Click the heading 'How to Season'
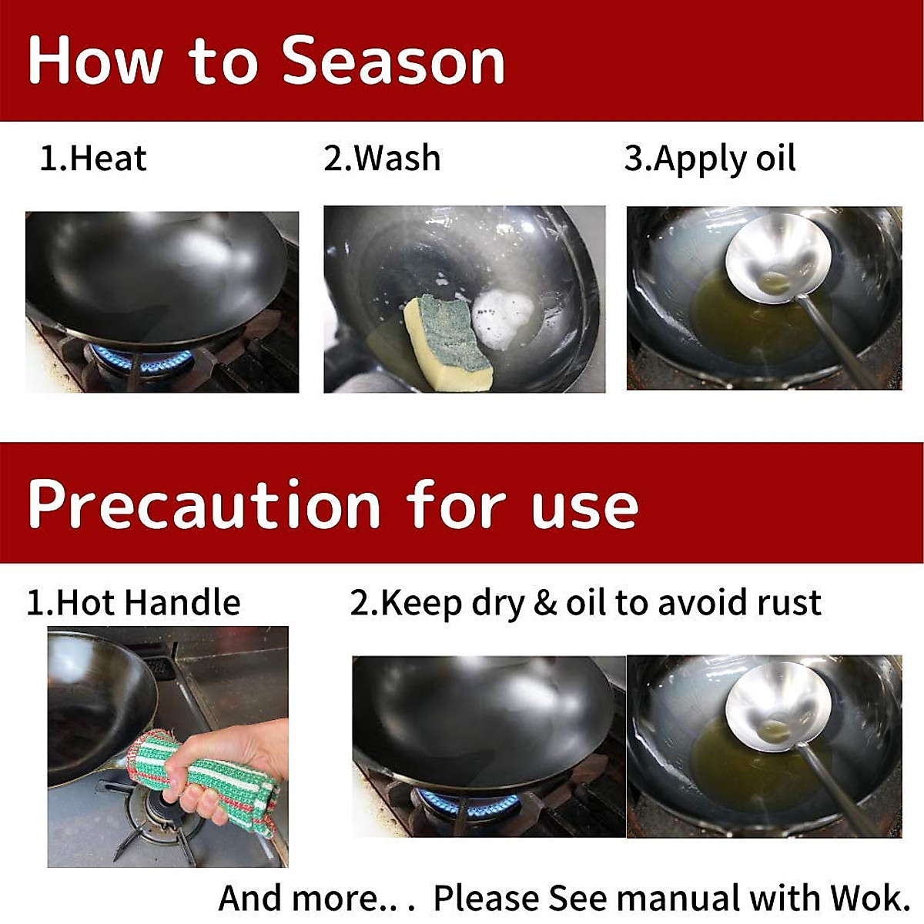[266, 61]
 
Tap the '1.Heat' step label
[92, 159]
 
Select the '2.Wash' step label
[382, 159]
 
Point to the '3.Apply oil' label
[709, 159]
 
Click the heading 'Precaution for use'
[333, 505]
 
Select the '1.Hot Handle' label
[133, 602]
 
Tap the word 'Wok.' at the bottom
[870, 898]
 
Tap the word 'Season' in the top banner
[393, 61]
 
